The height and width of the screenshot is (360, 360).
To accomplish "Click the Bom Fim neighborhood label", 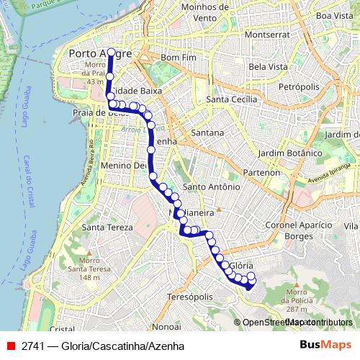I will pyautogui.click(x=180, y=57).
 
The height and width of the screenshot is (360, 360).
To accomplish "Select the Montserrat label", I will pyautogui.click(x=267, y=34).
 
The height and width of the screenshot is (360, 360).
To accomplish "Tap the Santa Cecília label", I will pyautogui.click(x=231, y=99).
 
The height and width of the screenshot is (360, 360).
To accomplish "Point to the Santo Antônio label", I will pyautogui.click(x=211, y=186).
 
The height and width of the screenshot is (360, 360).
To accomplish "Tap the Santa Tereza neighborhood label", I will pyautogui.click(x=108, y=227).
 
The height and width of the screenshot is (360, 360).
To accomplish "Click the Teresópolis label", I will pyautogui.click(x=189, y=297).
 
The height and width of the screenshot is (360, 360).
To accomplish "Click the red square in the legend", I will pyautogui.click(x=10, y=346).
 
